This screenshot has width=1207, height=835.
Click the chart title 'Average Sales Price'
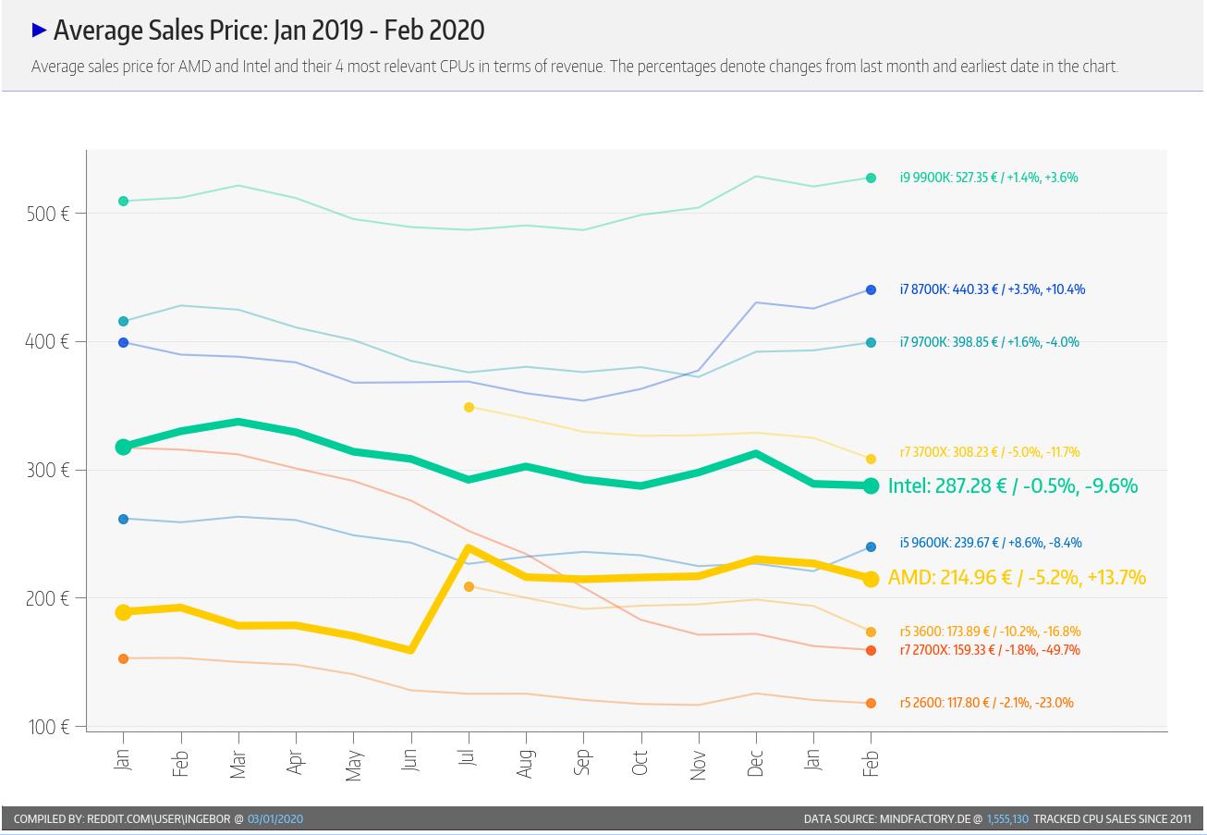(x=268, y=31)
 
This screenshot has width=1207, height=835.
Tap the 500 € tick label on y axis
(x=47, y=214)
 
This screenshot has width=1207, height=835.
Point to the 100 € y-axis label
(x=47, y=727)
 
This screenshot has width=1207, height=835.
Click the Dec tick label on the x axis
(x=755, y=763)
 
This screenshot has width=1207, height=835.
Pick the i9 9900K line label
(x=989, y=178)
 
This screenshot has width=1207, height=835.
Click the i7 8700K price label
(x=993, y=289)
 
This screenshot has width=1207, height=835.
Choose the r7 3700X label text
(x=990, y=452)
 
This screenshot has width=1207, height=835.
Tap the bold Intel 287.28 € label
(x=1013, y=485)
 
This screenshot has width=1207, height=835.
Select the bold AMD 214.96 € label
(x=1017, y=578)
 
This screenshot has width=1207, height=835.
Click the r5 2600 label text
(x=987, y=703)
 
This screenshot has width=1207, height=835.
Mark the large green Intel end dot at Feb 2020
(x=871, y=485)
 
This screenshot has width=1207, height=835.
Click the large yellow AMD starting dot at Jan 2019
(x=123, y=612)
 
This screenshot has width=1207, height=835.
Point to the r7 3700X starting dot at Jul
(x=469, y=407)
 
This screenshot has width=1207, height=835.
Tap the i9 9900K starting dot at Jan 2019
(x=123, y=201)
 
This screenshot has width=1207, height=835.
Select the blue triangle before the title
(x=39, y=31)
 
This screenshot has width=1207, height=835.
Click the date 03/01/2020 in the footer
(x=275, y=819)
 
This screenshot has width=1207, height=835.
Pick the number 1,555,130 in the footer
(x=1007, y=819)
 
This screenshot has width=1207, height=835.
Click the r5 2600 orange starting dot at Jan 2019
(x=123, y=658)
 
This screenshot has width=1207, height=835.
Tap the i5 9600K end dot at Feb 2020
(x=871, y=547)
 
